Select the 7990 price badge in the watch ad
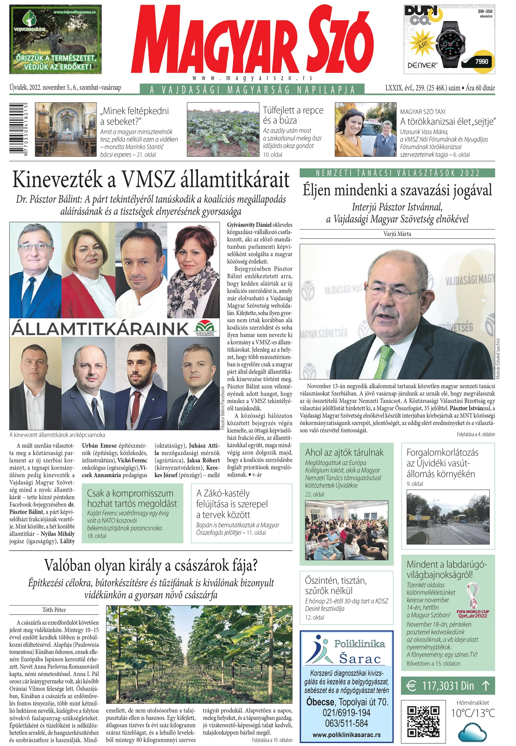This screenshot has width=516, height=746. [x=481, y=61]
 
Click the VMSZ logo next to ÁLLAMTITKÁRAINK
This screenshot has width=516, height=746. [x=205, y=329]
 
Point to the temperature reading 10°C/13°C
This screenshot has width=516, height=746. [x=473, y=713]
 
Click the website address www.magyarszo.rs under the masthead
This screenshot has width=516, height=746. [x=253, y=78]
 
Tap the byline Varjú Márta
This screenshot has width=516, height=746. [x=397, y=234]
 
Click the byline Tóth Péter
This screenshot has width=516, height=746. [x=54, y=610]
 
